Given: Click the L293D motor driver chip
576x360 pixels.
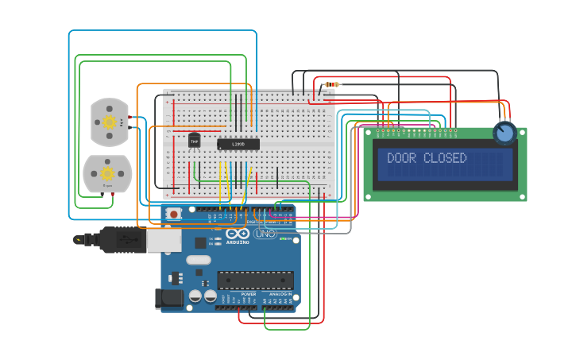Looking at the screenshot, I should point(238,144).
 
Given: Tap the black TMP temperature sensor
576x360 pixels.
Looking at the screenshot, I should point(194,141).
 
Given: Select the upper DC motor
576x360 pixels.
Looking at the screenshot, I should point(110,122).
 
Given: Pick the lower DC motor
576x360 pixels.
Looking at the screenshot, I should point(107,173).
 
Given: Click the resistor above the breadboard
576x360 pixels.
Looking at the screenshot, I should point(332,84).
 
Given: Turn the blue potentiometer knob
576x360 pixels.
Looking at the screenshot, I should point(504,133).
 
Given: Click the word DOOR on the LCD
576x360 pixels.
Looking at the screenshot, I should point(402,158).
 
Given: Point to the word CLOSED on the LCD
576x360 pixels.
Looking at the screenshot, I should point(445,158).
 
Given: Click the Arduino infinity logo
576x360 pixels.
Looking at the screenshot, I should point(238,234).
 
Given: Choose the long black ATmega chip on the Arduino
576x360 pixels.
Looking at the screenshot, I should point(255,281).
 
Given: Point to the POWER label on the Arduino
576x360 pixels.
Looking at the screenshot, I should point(249,294).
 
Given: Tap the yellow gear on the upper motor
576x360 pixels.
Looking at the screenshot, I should point(110,122).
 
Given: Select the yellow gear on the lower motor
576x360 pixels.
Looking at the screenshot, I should point(107,173).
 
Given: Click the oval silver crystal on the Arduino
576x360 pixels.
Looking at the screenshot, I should point(199,260).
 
